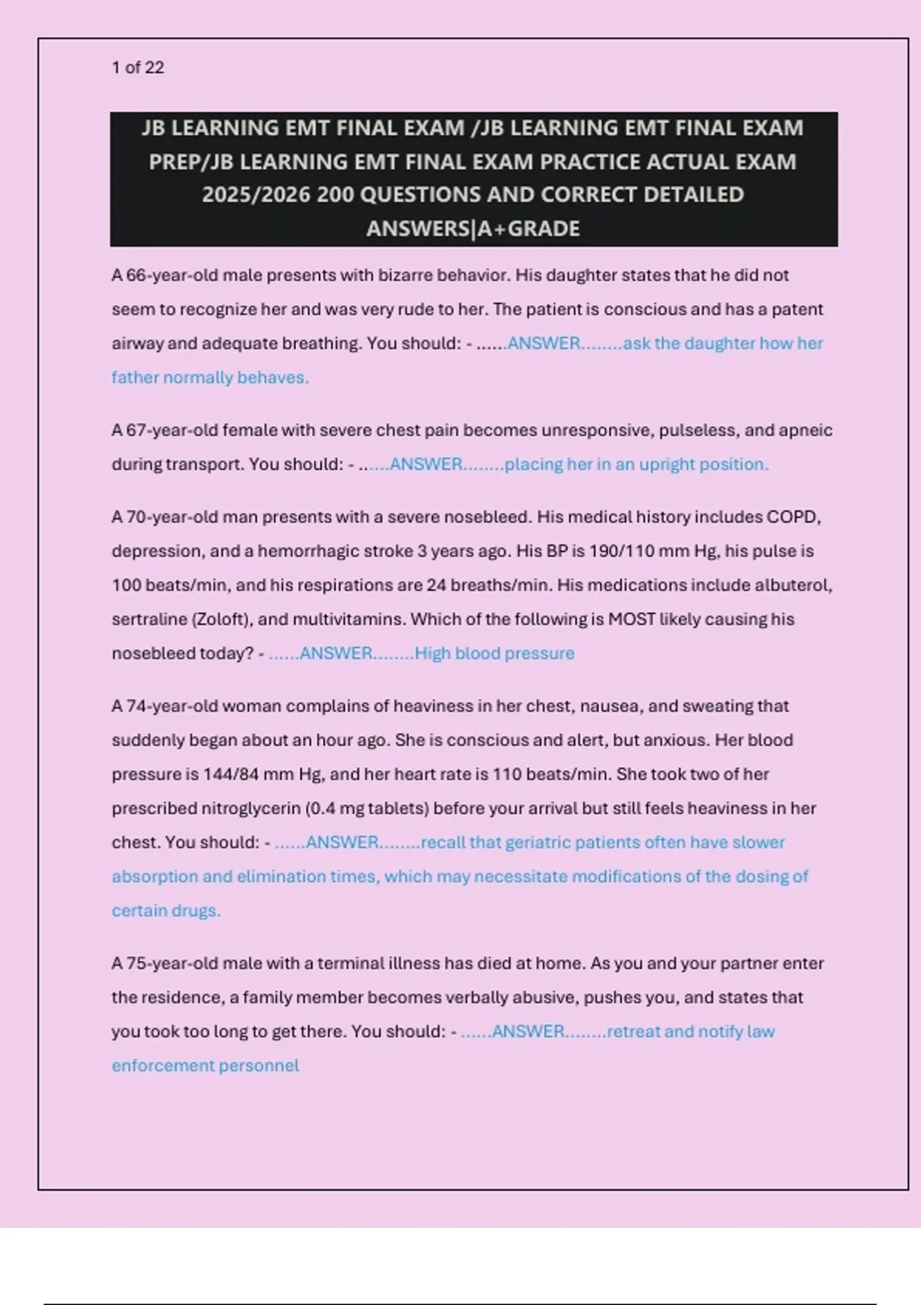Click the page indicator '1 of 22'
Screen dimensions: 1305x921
pos(138,68)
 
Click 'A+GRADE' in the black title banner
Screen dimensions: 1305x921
pos(529,229)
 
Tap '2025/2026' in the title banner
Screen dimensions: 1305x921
pos(256,195)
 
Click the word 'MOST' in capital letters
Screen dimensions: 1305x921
pos(631,619)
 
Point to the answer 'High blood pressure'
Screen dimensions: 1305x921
pos(494,653)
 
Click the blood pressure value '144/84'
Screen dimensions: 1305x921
pos(231,775)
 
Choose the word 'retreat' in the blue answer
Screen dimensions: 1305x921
pos(633,1032)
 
